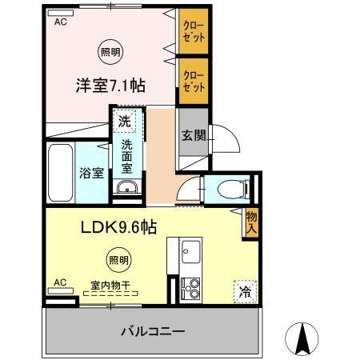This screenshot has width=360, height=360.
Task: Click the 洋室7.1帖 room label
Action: pos(110,86)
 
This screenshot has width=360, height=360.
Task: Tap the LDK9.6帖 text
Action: pos(117,228)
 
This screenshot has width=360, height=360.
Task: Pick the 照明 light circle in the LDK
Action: pos(118,259)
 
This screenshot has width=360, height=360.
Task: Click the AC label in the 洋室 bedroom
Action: pos(61,23)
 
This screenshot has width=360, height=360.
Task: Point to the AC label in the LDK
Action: pos(60,282)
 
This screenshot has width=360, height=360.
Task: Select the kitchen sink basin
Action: pos(191,255)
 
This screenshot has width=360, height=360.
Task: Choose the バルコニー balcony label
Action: pos(154,330)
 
